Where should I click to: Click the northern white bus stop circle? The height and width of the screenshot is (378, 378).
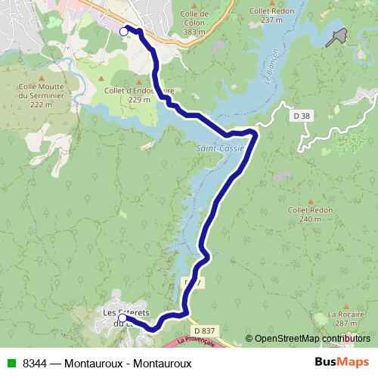[x=124, y=31]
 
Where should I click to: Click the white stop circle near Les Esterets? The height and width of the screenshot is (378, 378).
[x=122, y=318]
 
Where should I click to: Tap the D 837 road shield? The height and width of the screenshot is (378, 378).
[x=204, y=331]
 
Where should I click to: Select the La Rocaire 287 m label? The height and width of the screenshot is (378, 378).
[x=342, y=318]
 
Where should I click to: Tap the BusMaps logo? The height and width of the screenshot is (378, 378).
[x=341, y=361]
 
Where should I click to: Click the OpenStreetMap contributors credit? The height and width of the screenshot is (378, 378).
[x=311, y=339]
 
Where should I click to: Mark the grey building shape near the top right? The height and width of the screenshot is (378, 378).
[x=337, y=36]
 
